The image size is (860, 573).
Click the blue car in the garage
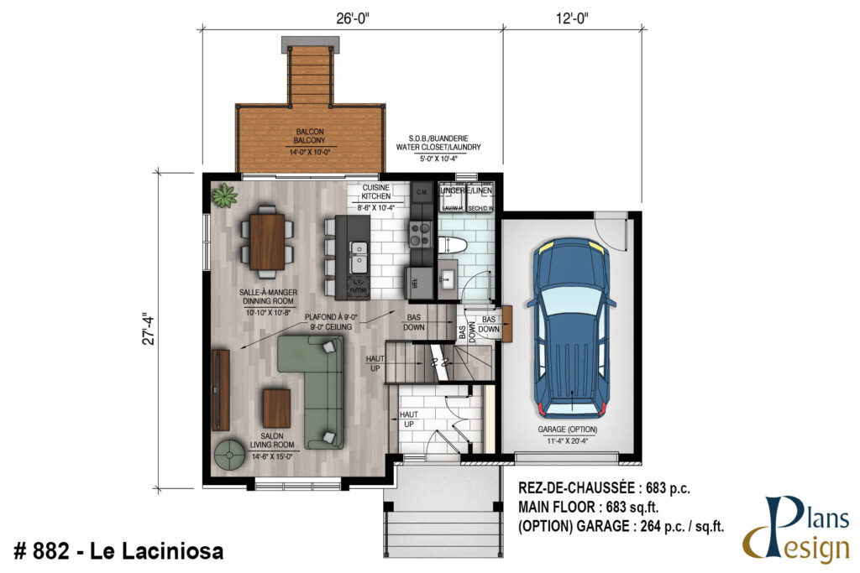(x=570, y=327)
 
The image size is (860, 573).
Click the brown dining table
(x=268, y=242)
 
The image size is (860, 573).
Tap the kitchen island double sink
(x=359, y=249)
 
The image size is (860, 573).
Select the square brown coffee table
(x=277, y=408)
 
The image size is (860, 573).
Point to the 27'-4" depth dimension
(x=149, y=329)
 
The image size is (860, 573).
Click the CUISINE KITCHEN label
(x=377, y=193)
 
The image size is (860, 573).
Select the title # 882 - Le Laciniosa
(x=119, y=552)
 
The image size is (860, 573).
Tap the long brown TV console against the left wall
(x=220, y=389)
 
